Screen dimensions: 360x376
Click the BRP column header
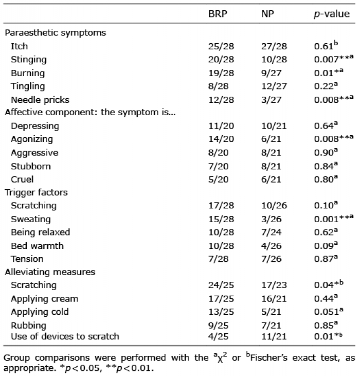coord(218,14)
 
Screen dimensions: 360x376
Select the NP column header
coord(267,14)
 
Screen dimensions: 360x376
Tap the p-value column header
coord(332,14)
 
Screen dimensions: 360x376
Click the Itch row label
coord(19,46)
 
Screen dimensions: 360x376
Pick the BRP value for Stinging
coord(221,60)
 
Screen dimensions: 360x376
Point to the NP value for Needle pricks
coord(272,100)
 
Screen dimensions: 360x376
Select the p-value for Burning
coord(329,73)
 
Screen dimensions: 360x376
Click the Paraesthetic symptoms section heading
coord(56,33)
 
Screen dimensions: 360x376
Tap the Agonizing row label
coord(32,139)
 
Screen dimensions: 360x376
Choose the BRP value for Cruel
coord(219,180)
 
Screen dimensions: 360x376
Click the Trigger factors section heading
coord(36,192)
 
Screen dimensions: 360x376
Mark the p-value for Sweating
coord(334,219)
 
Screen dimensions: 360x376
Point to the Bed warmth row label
coord(37,246)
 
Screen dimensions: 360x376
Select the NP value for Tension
coord(272,259)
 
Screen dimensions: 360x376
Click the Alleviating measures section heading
coord(50,272)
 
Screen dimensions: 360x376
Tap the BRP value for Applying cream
coord(221,299)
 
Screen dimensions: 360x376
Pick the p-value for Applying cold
coord(329,311)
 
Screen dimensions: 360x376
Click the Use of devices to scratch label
coord(65,336)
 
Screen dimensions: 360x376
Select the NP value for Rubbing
coord(271,326)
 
